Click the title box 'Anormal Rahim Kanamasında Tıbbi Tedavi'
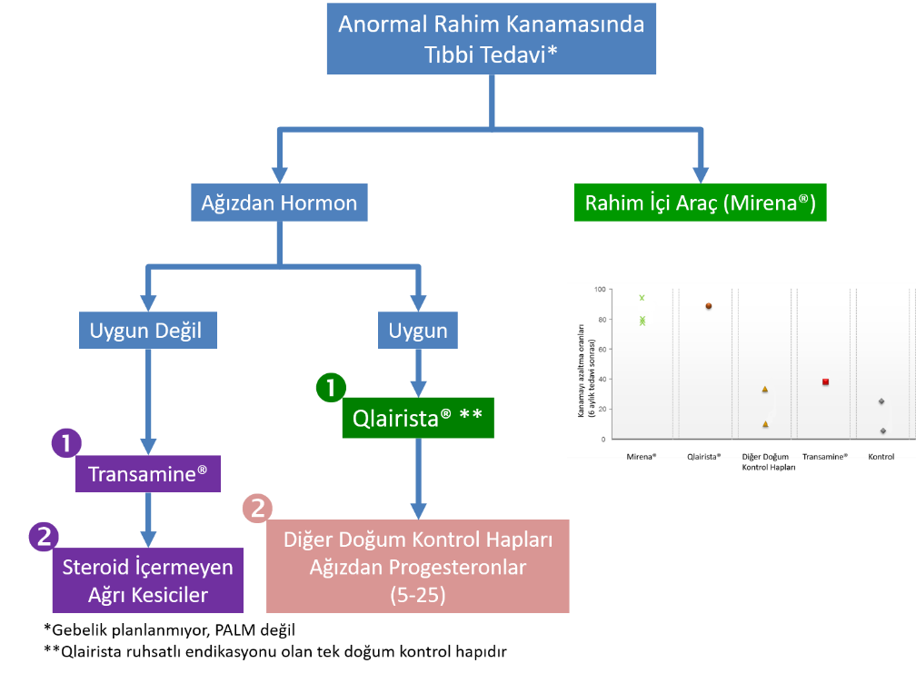pyautogui.click(x=491, y=39)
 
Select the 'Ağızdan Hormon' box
pyautogui.click(x=279, y=203)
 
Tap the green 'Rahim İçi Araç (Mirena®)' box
pyautogui.click(x=701, y=203)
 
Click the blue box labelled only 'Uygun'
pyautogui.click(x=418, y=331)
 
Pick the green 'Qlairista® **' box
pyautogui.click(x=417, y=418)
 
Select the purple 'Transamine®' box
pyautogui.click(x=147, y=473)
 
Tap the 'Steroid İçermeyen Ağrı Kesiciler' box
pyautogui.click(x=147, y=580)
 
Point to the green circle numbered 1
pyautogui.click(x=331, y=387)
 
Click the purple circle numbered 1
pyautogui.click(x=65, y=444)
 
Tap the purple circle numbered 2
pyautogui.click(x=43, y=536)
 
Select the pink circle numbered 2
pyautogui.click(x=257, y=509)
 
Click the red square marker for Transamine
pyautogui.click(x=825, y=381)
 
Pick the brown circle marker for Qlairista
pyautogui.click(x=708, y=306)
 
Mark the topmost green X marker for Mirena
pyautogui.click(x=642, y=298)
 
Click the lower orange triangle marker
pyautogui.click(x=765, y=424)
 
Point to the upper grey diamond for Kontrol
pyautogui.click(x=881, y=401)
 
